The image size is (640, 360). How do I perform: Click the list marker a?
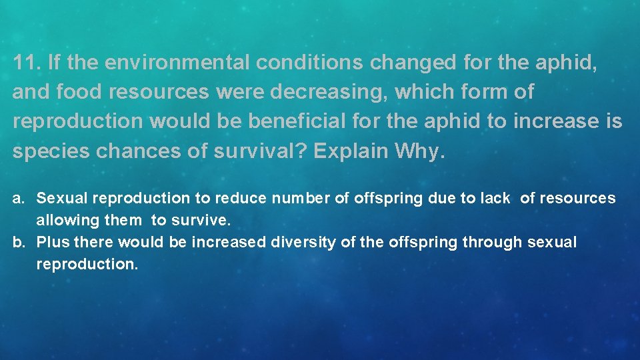[20, 198]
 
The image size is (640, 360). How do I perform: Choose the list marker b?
[20, 242]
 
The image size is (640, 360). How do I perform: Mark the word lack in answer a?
[495, 198]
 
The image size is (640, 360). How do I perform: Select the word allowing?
[64, 220]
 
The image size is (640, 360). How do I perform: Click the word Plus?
[53, 242]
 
